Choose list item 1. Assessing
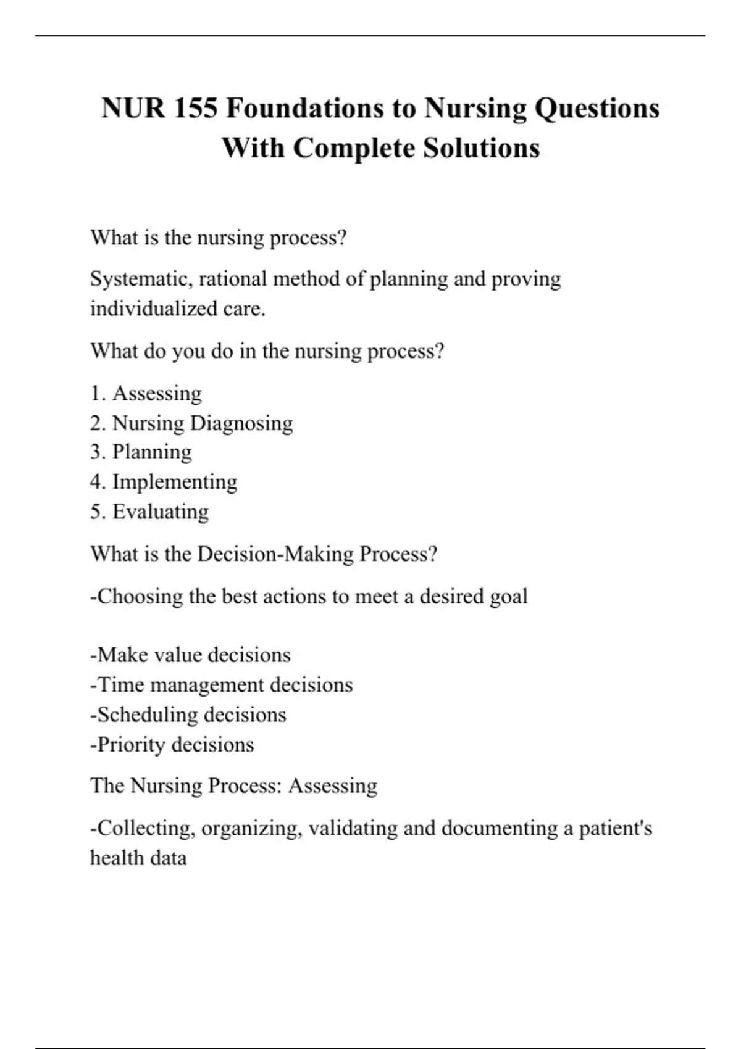point(146,393)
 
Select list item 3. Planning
point(141,452)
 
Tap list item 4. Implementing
point(164,482)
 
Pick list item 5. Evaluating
point(149,512)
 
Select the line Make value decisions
point(191,655)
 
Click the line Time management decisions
point(222,685)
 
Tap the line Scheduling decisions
point(188,715)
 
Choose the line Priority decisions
point(172,745)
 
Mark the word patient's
point(615,828)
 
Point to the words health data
point(138,858)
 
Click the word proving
point(525,279)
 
